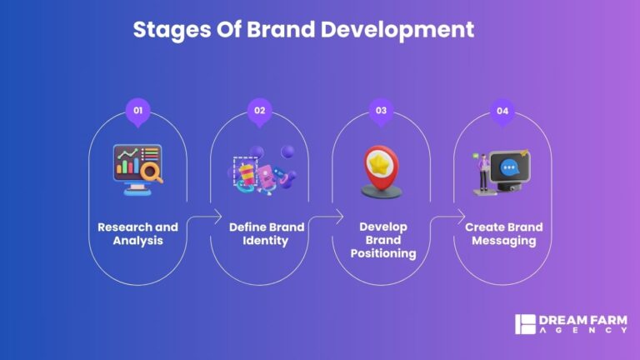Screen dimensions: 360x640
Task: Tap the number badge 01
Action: pyautogui.click(x=137, y=111)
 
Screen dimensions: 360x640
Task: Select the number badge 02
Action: pyautogui.click(x=259, y=111)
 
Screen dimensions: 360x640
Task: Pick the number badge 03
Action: pyautogui.click(x=381, y=111)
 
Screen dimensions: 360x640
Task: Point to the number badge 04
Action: pyautogui.click(x=502, y=111)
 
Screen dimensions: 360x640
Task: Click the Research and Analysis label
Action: pyautogui.click(x=137, y=234)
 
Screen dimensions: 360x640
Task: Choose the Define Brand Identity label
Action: pyautogui.click(x=259, y=234)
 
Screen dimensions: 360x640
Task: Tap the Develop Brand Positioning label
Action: pyautogui.click(x=381, y=240)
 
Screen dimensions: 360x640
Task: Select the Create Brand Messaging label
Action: pyautogui.click(x=503, y=234)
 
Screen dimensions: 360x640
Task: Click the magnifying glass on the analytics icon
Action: pyautogui.click(x=152, y=176)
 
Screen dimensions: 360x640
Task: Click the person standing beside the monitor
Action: pyautogui.click(x=482, y=174)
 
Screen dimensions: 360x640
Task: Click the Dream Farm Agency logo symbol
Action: pyautogui.click(x=523, y=324)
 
